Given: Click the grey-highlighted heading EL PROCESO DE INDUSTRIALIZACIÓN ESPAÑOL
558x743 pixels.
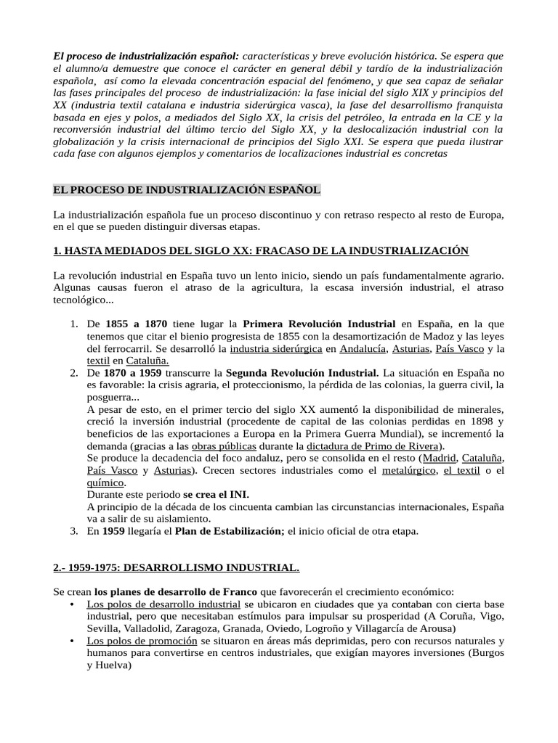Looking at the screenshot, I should [x=187, y=190].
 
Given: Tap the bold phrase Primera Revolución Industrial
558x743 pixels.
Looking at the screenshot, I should [x=319, y=324].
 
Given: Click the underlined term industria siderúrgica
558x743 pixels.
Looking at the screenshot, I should [x=275, y=349].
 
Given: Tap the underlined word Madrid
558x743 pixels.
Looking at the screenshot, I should [x=440, y=459].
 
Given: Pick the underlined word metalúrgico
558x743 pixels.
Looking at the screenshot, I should [x=409, y=471].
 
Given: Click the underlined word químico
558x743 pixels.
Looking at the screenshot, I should [x=105, y=483].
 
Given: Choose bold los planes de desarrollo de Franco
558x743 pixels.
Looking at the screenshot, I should [x=176, y=591].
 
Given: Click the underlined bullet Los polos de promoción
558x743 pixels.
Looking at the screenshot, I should [x=142, y=641].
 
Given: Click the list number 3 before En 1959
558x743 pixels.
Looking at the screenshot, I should [x=73, y=532].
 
